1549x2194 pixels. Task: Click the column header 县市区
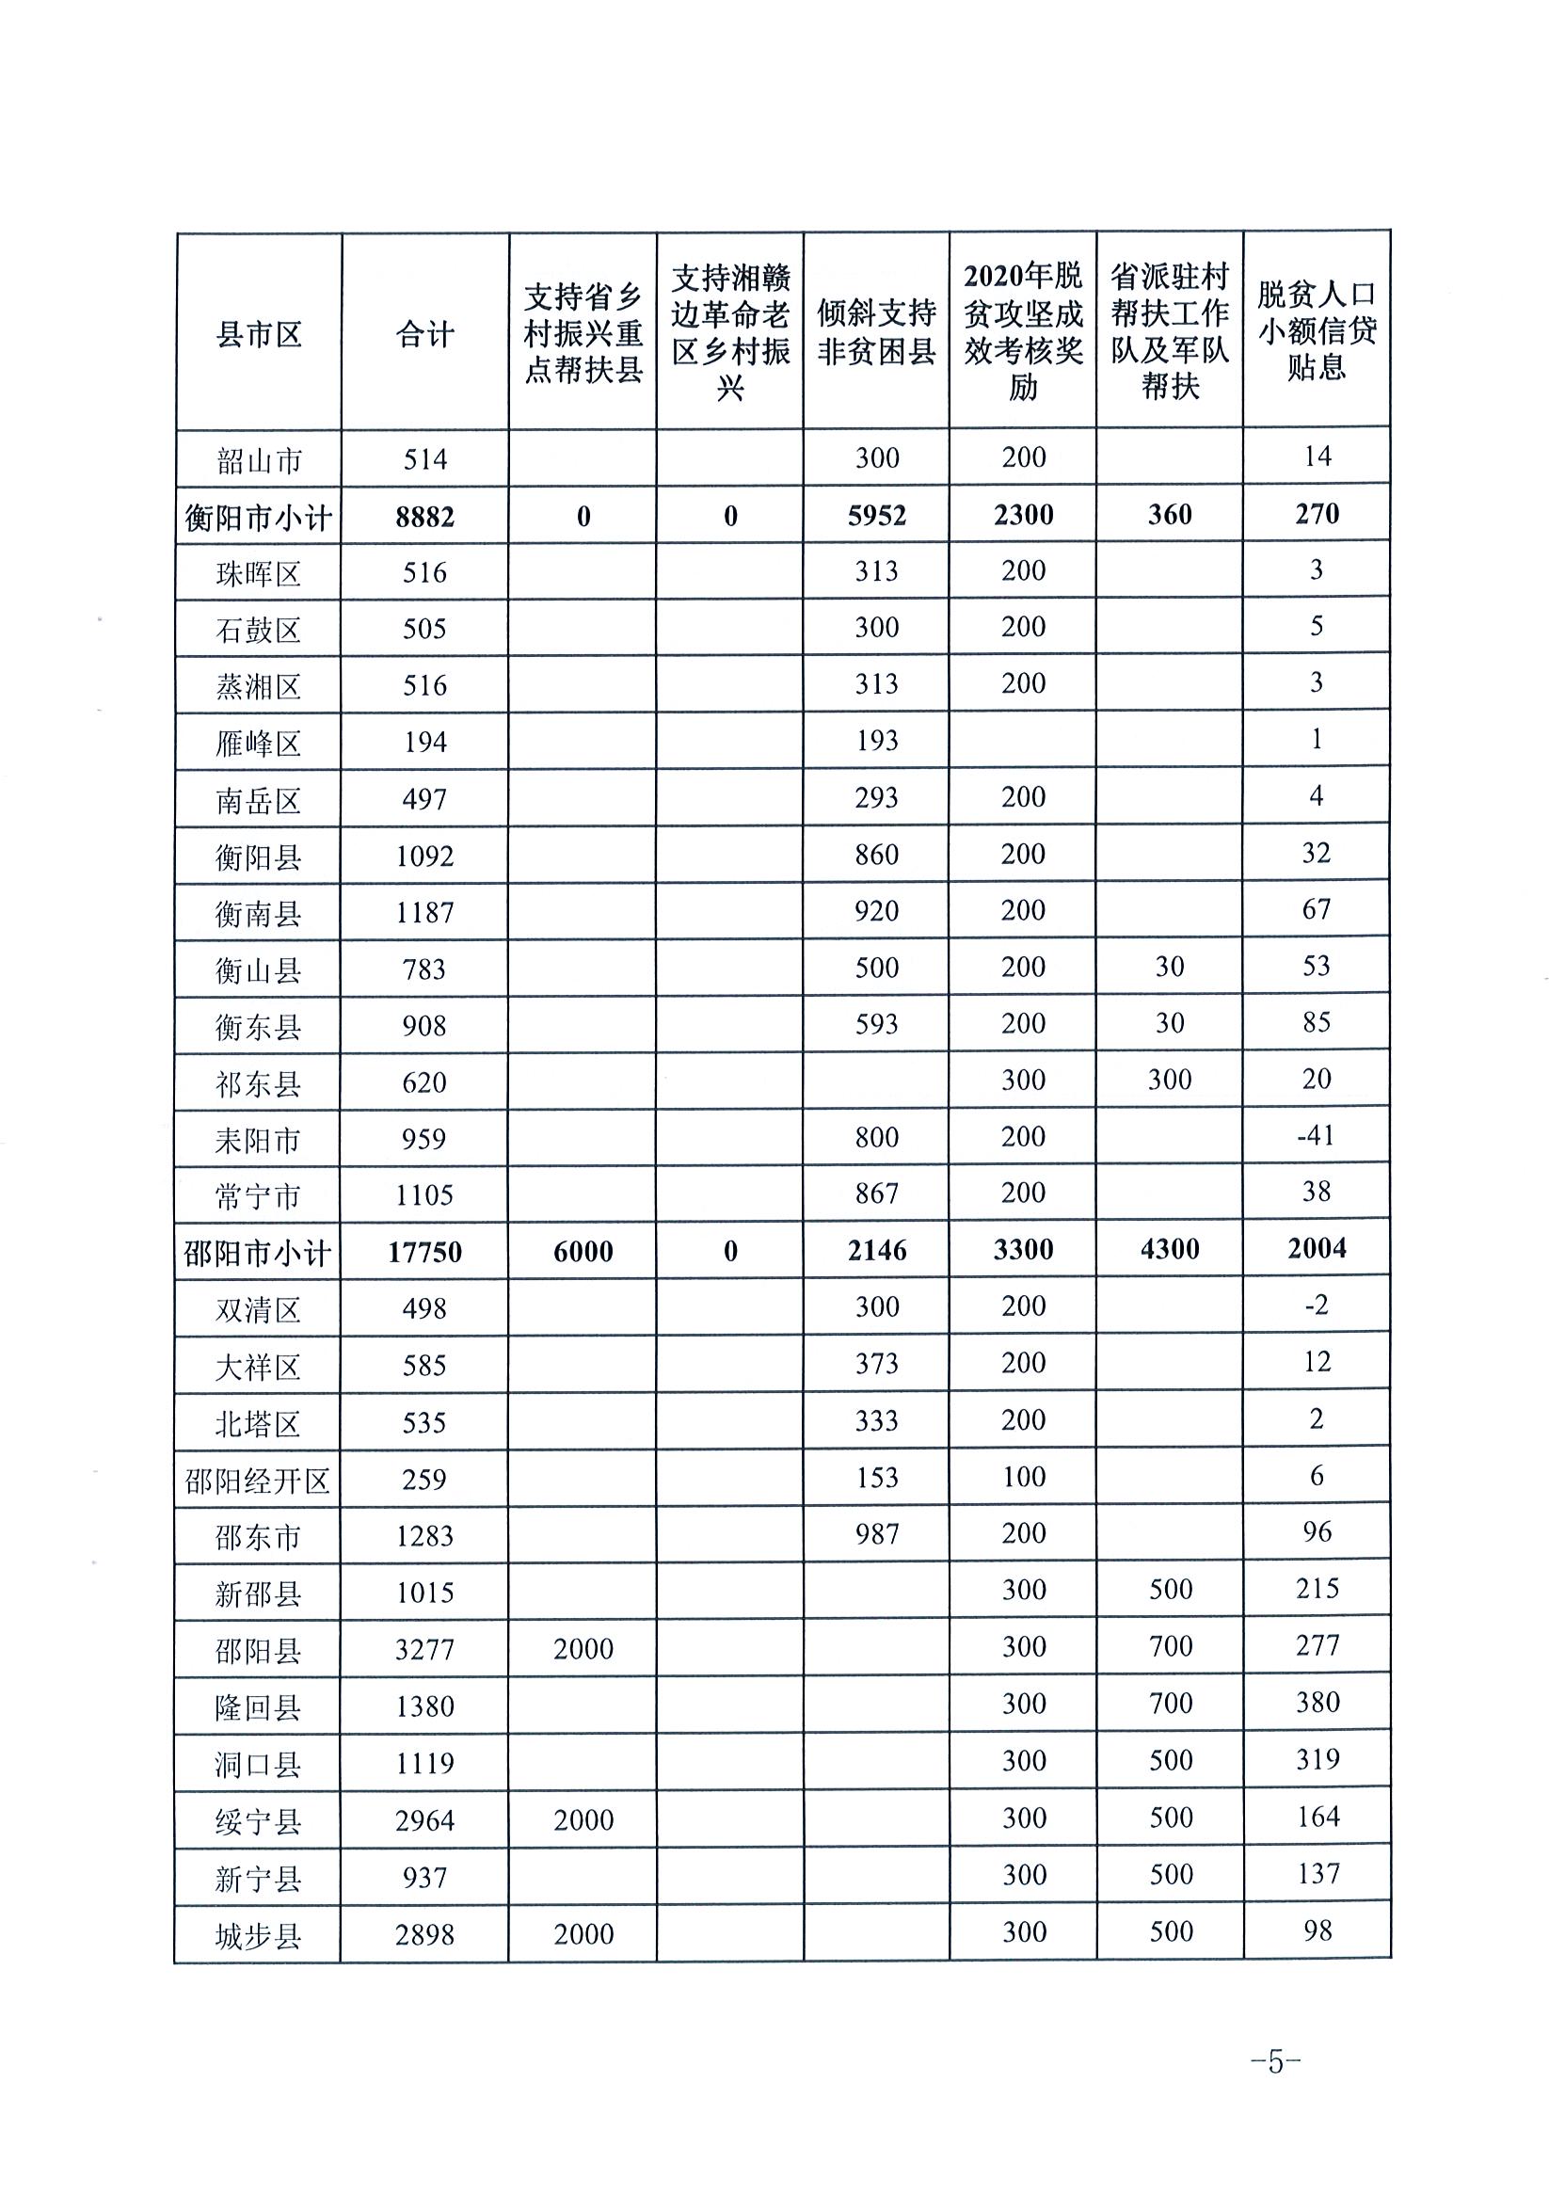(x=258, y=334)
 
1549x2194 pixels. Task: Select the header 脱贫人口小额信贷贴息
(x=1316, y=330)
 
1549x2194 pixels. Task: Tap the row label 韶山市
(x=258, y=460)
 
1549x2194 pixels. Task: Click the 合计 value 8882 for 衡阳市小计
(x=424, y=517)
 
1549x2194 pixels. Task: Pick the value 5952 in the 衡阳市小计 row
(x=876, y=516)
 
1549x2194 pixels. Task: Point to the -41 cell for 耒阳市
(x=1315, y=1135)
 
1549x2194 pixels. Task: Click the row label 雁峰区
(x=258, y=743)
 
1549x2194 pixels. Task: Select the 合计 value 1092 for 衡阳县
(x=424, y=856)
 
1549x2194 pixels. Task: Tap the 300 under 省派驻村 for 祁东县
(x=1169, y=1080)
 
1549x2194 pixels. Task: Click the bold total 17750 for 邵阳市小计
(x=424, y=1252)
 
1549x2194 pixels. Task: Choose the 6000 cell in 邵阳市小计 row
(x=583, y=1252)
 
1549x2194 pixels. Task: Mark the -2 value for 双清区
(x=1316, y=1305)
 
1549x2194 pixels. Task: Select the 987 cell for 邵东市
(x=876, y=1534)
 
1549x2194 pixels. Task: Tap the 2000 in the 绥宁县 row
(x=583, y=1820)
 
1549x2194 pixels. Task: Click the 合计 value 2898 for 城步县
(x=424, y=1935)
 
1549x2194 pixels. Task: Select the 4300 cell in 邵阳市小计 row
(x=1169, y=1250)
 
